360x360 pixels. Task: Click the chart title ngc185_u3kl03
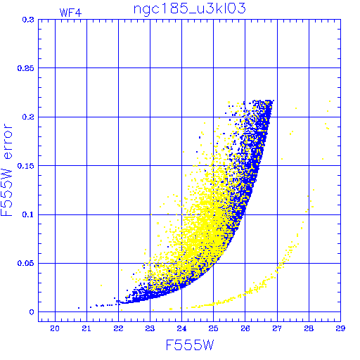(189, 9)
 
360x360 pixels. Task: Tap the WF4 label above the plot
(70, 13)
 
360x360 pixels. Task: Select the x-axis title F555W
(190, 345)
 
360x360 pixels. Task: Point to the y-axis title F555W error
(6, 170)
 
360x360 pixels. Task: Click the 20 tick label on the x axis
(55, 328)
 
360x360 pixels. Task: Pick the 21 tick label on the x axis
(86, 328)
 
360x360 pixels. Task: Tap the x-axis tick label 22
(118, 328)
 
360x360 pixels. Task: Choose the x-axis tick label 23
(150, 328)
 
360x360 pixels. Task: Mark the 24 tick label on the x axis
(181, 328)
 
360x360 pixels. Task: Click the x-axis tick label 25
(213, 328)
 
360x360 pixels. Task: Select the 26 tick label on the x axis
(245, 328)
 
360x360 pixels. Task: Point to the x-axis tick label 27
(277, 328)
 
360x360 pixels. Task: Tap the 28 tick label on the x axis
(309, 328)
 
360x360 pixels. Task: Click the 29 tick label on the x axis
(340, 328)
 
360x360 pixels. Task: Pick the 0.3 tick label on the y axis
(28, 20)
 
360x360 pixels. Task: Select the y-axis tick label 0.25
(25, 68)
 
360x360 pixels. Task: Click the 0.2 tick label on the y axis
(28, 117)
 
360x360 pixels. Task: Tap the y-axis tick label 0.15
(25, 166)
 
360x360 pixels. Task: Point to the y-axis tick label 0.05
(25, 263)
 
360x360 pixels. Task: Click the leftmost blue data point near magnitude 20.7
(79, 308)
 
